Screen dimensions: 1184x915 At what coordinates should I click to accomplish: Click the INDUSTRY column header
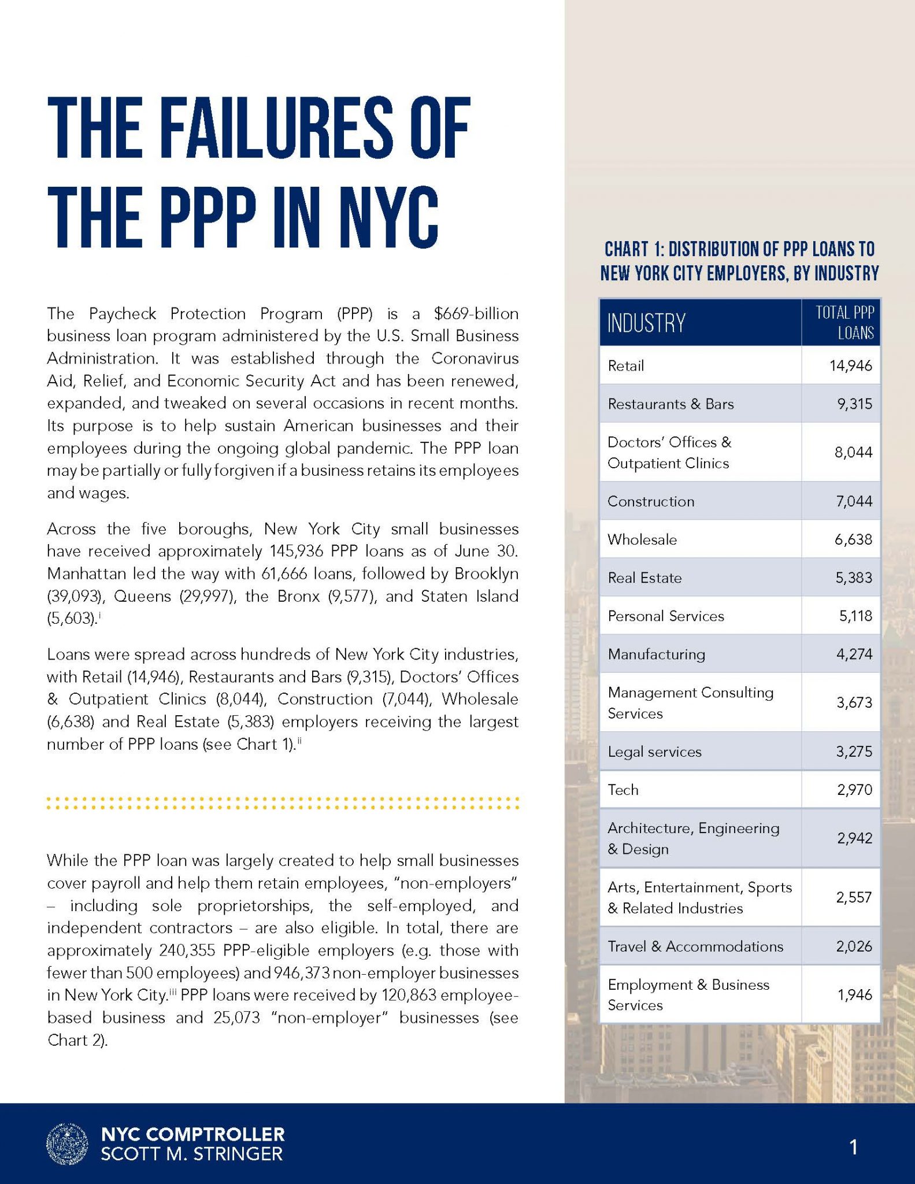coord(646,323)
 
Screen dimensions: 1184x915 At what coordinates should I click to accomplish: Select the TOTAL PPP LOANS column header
coord(844,323)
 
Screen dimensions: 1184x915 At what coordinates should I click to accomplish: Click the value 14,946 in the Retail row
coord(850,365)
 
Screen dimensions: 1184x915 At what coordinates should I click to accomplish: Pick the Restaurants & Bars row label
coord(670,404)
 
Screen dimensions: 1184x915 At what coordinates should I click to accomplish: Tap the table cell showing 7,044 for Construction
coord(854,501)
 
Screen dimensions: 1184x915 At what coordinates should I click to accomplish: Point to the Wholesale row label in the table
coord(642,539)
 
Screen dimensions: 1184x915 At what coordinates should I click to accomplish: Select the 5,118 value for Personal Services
coord(855,616)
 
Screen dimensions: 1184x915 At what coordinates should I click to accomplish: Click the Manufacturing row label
coord(656,654)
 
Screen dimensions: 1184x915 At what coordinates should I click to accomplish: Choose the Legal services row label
coord(654,752)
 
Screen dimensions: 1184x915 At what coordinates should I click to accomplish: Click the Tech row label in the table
coord(623,790)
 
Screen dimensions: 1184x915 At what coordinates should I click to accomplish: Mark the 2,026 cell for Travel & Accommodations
coord(854,946)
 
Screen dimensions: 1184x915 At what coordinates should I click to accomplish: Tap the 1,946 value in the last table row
coord(854,994)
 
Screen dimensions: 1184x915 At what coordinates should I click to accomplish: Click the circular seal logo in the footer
coord(67,1144)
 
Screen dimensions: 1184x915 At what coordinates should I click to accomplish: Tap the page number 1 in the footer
coord(853,1146)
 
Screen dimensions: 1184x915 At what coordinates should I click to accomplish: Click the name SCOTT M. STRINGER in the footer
coord(192,1154)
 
